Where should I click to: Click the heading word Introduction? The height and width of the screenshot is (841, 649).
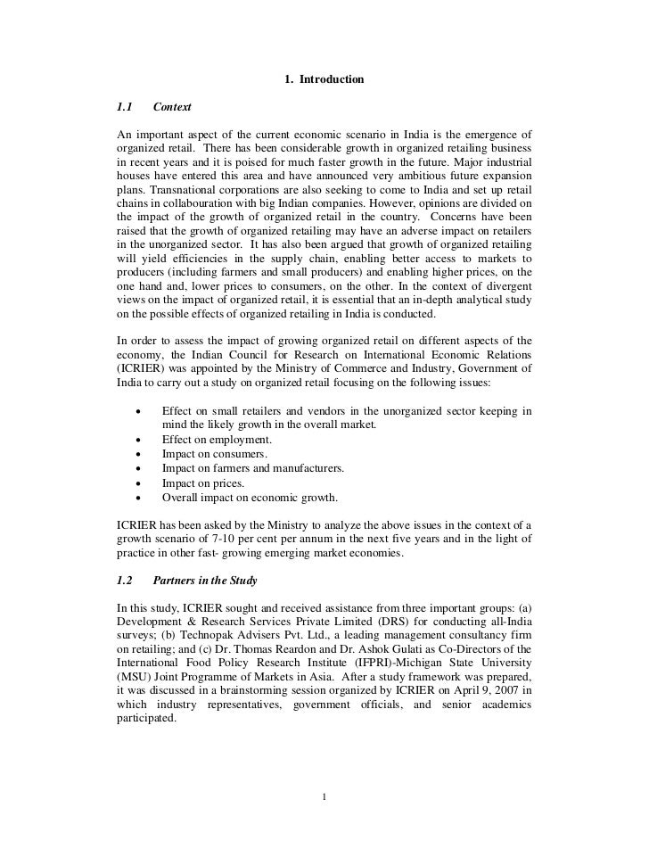pyautogui.click(x=332, y=80)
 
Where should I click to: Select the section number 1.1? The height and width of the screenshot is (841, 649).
pyautogui.click(x=125, y=108)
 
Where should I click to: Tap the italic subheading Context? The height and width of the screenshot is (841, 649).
pyautogui.click(x=172, y=108)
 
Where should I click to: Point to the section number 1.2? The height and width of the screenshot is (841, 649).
pyautogui.click(x=125, y=581)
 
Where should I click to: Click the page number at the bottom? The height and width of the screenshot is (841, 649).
pyautogui.click(x=325, y=796)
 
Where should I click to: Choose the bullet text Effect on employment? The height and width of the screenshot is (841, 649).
pyautogui.click(x=217, y=440)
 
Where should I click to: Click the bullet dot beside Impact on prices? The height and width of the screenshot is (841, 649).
pyautogui.click(x=138, y=482)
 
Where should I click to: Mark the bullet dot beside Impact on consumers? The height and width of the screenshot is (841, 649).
pyautogui.click(x=138, y=454)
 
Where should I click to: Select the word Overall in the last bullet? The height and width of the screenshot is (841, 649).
pyautogui.click(x=181, y=497)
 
